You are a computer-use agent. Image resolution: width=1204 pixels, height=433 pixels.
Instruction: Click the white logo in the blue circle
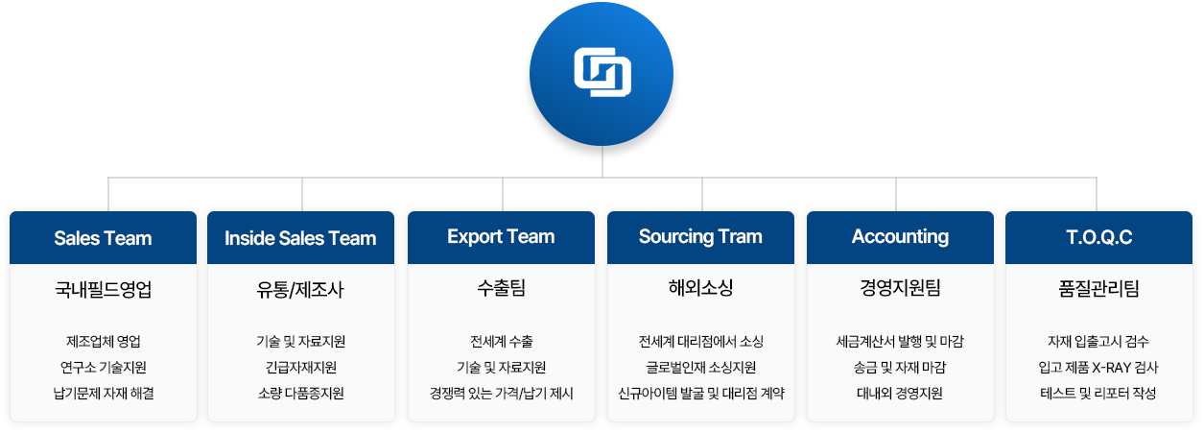(x=602, y=73)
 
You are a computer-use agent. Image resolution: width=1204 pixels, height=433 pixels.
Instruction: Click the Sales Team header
(x=104, y=238)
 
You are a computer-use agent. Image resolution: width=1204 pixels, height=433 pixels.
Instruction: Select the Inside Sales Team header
(x=300, y=238)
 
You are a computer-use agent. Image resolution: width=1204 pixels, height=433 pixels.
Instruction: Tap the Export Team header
(x=501, y=237)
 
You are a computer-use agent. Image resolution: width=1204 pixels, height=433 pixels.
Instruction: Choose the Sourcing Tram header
(x=700, y=237)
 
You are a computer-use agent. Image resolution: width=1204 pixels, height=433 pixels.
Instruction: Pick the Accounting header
(x=900, y=237)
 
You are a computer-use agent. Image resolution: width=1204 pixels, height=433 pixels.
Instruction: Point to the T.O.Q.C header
(x=1098, y=237)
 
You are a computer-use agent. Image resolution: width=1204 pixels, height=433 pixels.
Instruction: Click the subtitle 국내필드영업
(x=104, y=289)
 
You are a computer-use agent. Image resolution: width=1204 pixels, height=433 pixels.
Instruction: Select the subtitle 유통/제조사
(x=300, y=289)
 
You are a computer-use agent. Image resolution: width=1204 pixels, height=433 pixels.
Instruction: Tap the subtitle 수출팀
(x=501, y=288)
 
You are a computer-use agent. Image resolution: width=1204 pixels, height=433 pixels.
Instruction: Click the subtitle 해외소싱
(x=700, y=288)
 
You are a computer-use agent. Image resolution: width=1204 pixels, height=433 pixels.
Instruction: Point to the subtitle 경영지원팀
(x=900, y=288)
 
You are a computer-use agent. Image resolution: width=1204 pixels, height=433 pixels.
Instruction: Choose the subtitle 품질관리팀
(x=1098, y=289)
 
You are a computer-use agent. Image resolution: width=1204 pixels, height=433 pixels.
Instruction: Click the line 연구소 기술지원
(x=104, y=368)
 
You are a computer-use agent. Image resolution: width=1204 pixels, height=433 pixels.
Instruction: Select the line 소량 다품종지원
(x=300, y=394)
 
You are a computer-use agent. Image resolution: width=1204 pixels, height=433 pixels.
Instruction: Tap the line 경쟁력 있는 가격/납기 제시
(x=501, y=394)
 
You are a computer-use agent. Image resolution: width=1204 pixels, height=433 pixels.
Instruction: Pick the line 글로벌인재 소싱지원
(x=700, y=368)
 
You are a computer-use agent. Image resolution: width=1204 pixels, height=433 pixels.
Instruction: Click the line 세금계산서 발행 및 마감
(x=900, y=342)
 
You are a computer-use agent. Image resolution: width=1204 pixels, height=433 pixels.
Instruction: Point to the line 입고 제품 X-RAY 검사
(x=1098, y=368)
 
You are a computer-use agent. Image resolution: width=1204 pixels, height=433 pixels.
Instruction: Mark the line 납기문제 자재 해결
(x=104, y=394)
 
